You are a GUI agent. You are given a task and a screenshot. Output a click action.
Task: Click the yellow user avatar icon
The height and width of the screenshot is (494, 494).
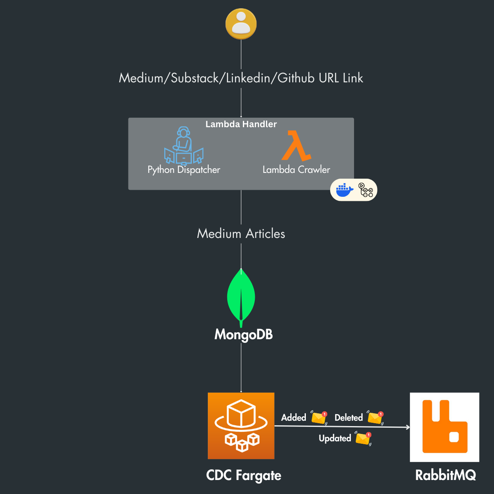coord(241,24)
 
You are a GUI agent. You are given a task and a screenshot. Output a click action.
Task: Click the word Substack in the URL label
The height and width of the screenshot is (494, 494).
coord(195,78)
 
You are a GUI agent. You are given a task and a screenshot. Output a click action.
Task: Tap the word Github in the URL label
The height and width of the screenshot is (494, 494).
coord(296,78)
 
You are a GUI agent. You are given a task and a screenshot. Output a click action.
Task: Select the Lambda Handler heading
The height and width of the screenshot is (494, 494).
coord(241,124)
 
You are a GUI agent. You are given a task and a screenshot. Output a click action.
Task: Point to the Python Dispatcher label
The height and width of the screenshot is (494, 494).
coord(184,170)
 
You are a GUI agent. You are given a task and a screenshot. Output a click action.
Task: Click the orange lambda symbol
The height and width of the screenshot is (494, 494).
coord(296,146)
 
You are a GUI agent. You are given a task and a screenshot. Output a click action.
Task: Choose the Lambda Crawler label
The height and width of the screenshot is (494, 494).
coord(296,170)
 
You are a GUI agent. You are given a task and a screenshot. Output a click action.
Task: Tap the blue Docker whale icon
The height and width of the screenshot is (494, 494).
coord(345,190)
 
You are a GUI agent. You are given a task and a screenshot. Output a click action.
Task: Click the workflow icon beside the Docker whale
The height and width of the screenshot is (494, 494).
coord(366,190)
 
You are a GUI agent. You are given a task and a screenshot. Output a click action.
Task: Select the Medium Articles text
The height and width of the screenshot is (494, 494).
coord(241,233)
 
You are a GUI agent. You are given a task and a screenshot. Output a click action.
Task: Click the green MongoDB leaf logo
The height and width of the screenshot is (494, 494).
coord(241,297)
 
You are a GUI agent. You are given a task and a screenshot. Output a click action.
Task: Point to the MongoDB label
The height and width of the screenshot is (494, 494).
coord(243,334)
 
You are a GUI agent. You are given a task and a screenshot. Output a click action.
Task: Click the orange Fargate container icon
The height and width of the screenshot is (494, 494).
coord(241,426)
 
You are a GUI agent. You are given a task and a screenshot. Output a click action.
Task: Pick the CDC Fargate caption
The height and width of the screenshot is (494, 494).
coord(243,475)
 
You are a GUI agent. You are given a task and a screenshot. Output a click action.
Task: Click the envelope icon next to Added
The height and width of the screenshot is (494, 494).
coord(319,418)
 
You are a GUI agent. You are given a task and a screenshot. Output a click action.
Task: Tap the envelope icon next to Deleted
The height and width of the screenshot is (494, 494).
coord(375,418)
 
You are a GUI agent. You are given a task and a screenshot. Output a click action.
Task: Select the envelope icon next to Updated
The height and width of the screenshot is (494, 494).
coord(363,438)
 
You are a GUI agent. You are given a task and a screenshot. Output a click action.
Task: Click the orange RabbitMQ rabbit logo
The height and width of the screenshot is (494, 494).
coord(445,427)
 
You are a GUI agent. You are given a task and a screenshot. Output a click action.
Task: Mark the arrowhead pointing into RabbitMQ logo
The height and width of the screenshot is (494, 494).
coord(408,427)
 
